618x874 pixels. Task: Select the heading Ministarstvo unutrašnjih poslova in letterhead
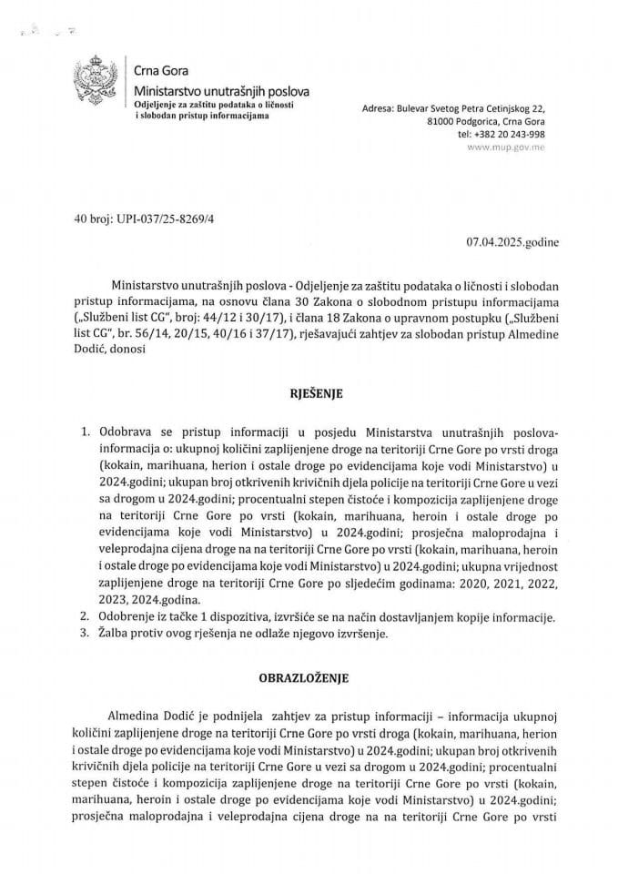221,92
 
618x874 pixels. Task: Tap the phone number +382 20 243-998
514,133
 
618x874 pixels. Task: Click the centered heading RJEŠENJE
309,396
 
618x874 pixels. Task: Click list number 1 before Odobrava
86,428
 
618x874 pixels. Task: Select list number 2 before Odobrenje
86,617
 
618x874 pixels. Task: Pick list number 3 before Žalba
86,635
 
